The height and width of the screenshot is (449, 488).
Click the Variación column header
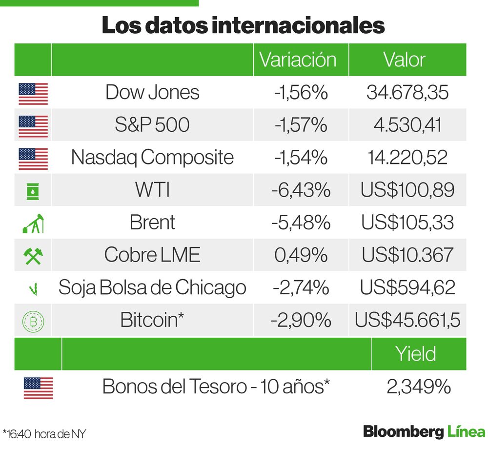pos(298,60)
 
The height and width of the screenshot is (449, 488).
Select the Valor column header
pos(404,60)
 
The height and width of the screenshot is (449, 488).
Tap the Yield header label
pos(416,354)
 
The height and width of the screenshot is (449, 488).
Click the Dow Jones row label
pos(152,92)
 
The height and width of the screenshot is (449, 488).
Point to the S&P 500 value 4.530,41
pos(407,125)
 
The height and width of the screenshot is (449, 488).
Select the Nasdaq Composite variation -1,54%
pos(300,157)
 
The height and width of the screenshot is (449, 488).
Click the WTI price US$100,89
pos(407,190)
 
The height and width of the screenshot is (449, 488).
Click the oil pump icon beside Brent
pos(33,223)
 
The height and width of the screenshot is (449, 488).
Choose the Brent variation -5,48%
pos(301,223)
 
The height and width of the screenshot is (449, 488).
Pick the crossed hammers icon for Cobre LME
pos(33,255)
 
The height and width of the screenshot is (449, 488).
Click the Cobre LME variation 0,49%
pos(301,255)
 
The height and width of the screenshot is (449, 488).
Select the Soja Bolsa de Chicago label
pos(152,287)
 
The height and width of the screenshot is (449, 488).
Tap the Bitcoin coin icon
pos(33,321)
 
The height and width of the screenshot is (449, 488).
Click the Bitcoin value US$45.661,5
pos(407,320)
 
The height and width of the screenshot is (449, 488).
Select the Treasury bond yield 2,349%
pos(418,387)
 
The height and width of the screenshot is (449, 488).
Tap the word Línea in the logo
pos(466,432)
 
